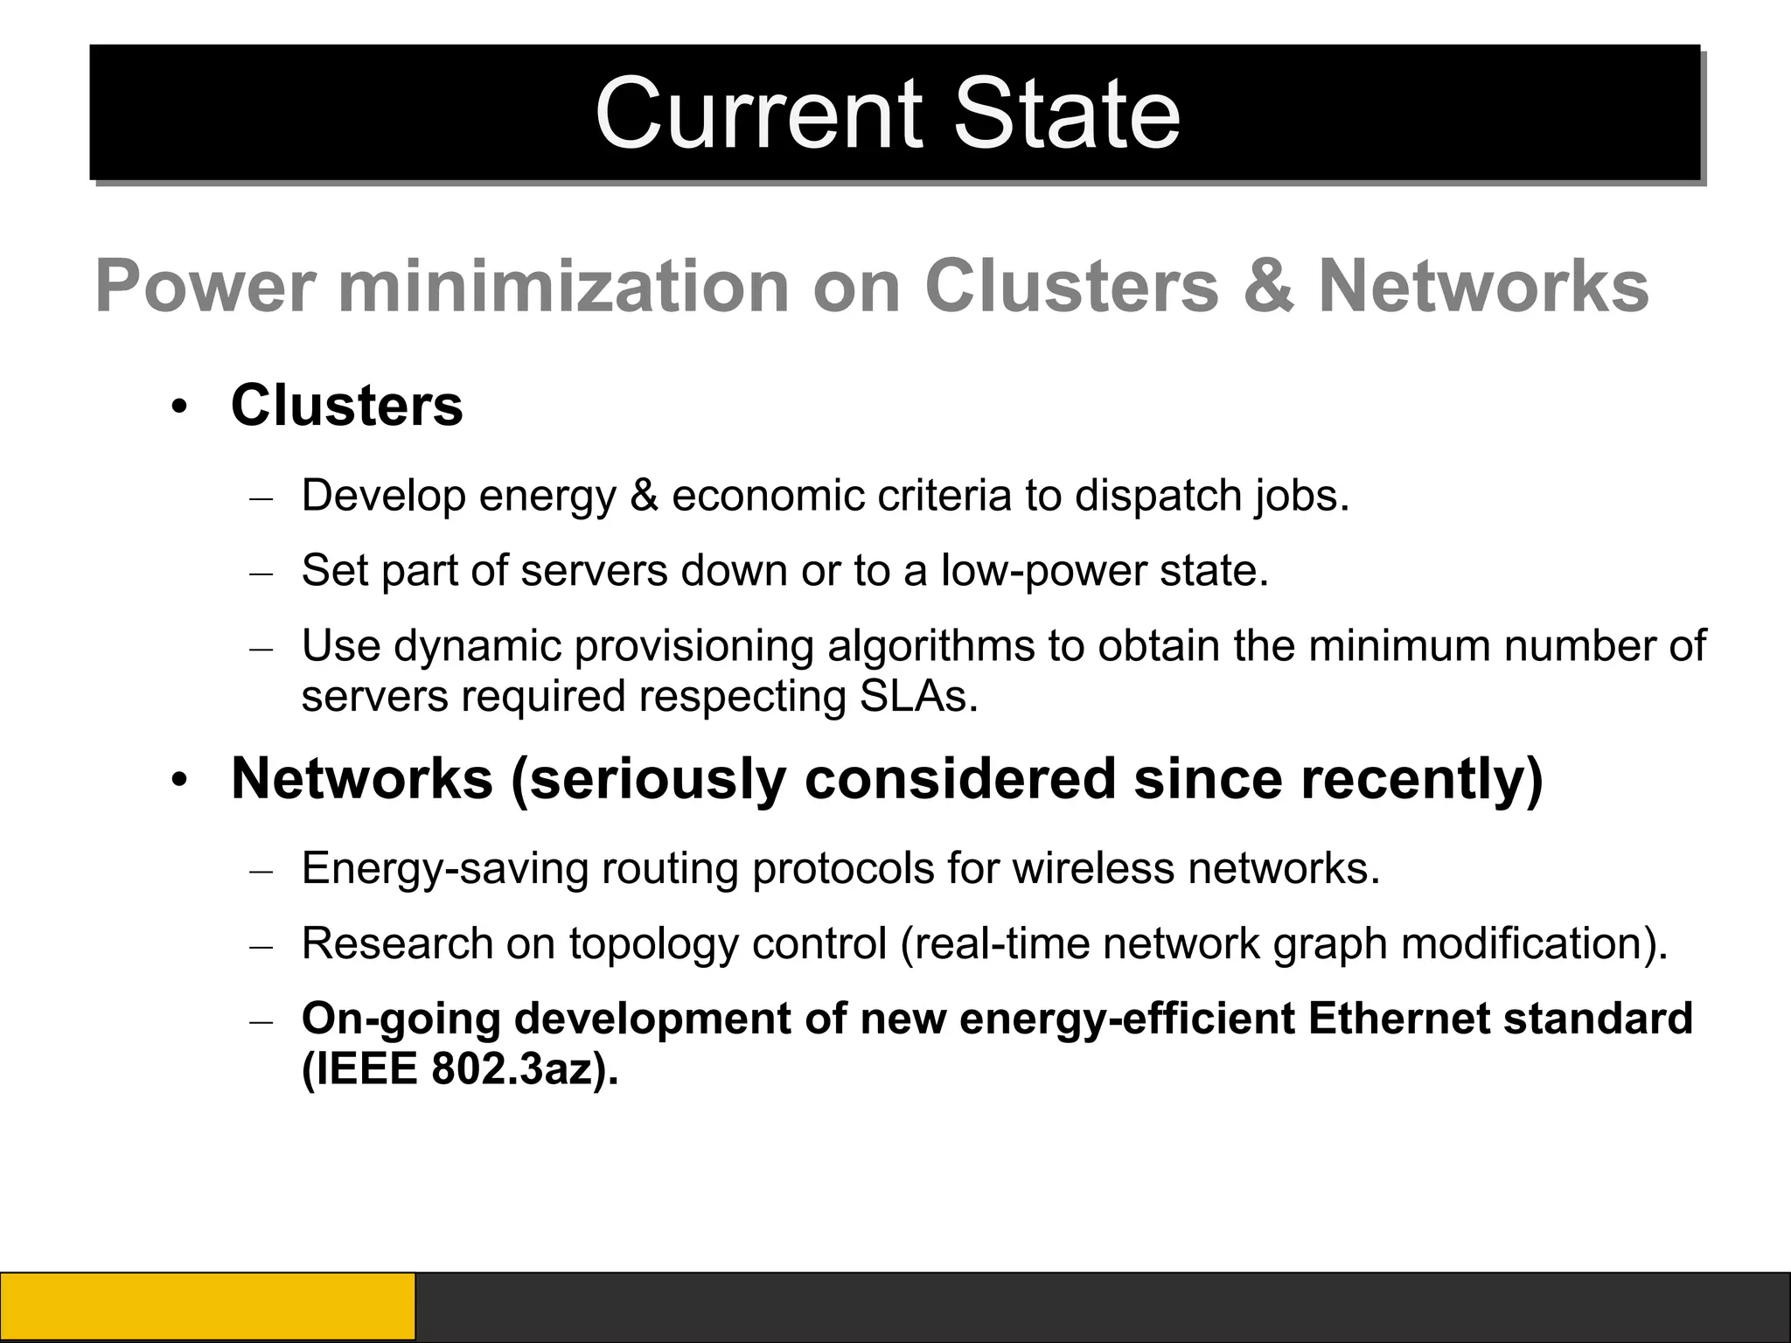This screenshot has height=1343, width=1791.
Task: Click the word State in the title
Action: click(1066, 114)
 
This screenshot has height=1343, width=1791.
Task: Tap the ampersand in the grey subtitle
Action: click(1268, 286)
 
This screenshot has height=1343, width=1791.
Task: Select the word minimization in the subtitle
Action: click(563, 286)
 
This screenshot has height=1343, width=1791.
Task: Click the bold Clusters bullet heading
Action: click(346, 406)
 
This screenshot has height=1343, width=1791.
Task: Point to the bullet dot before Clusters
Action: click(179, 408)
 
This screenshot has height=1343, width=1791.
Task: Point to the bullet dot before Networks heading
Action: click(179, 781)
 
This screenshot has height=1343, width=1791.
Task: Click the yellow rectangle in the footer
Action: click(207, 1306)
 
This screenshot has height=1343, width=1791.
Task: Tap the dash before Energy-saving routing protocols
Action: click(261, 872)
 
